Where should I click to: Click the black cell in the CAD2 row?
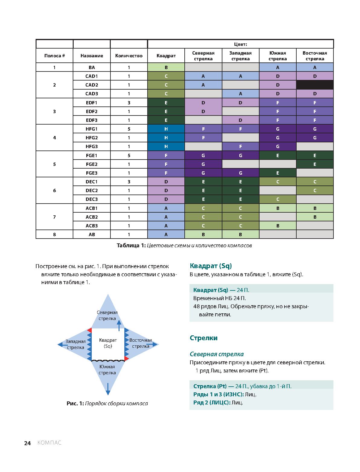[315, 85]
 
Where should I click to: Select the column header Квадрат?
[166, 56]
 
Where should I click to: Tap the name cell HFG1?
[91, 129]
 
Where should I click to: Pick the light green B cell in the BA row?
[166, 67]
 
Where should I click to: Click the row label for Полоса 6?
[54, 190]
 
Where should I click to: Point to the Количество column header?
[129, 56]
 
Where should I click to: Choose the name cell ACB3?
[91, 226]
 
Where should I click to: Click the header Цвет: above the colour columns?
[241, 44]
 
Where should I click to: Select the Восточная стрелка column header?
[315, 56]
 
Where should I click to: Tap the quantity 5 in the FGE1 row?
[129, 155]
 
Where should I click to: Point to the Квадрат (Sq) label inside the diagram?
[108, 343]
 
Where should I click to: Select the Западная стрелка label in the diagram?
[76, 344]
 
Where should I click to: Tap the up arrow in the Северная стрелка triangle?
[119, 325]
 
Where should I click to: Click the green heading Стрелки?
[204, 338]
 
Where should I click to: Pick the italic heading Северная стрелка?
[217, 354]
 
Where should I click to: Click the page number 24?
[27, 443]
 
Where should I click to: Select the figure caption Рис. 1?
[75, 404]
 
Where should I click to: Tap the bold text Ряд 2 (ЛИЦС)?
[212, 403]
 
